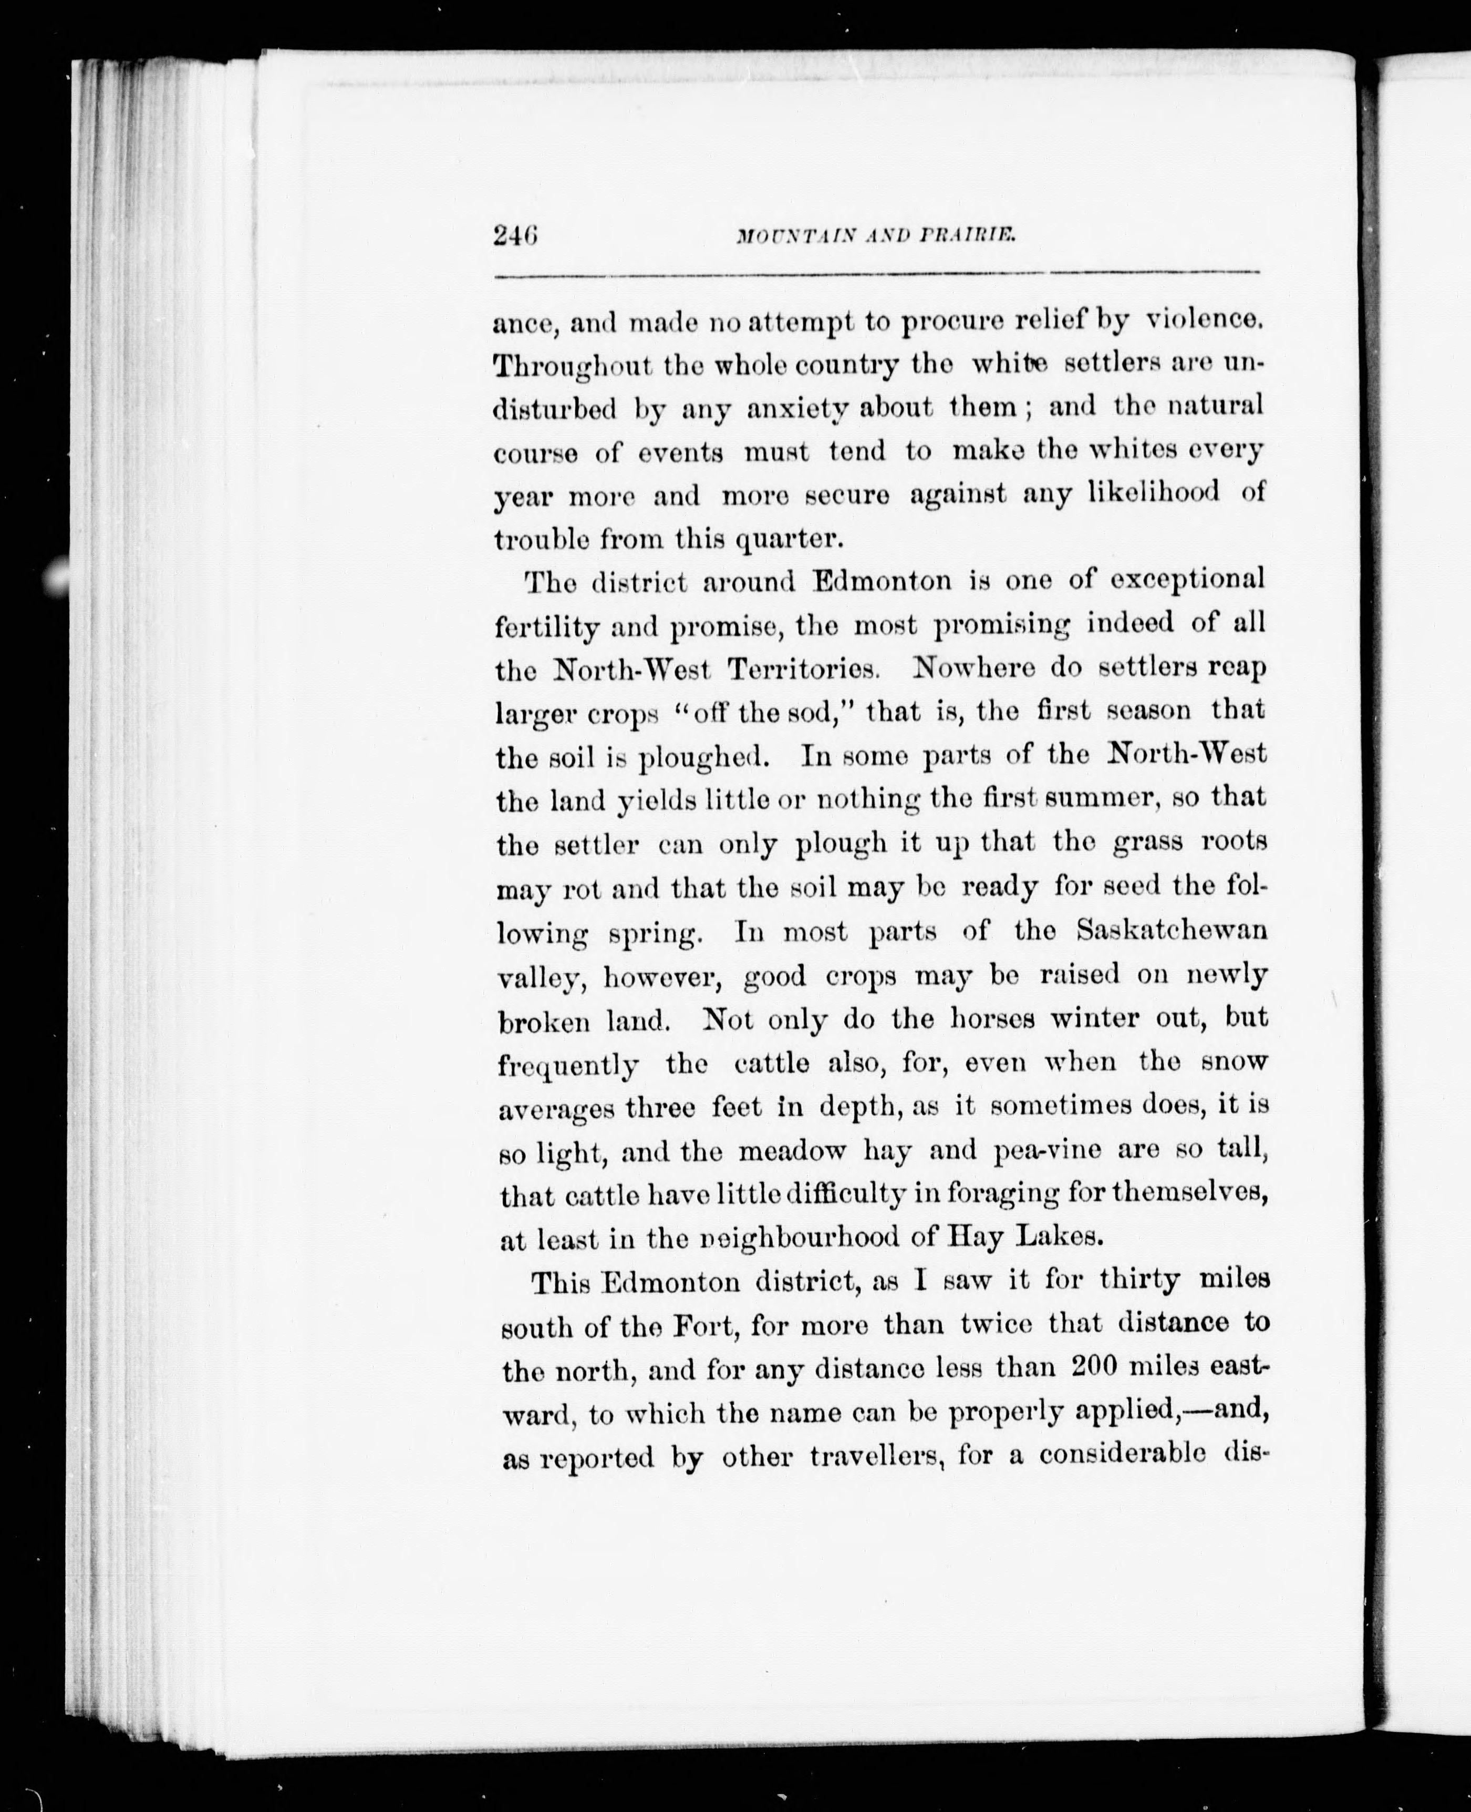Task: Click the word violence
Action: coord(1205,321)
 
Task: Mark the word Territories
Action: coord(802,668)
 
